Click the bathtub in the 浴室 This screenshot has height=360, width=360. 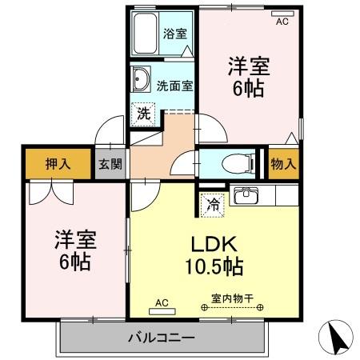[x=146, y=35]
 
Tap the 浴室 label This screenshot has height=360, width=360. [x=175, y=34]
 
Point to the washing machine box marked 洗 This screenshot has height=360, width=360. [x=143, y=114]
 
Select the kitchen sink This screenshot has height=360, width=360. [x=244, y=195]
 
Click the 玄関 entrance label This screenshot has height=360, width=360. [x=110, y=165]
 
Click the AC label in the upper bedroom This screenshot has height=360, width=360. [x=282, y=22]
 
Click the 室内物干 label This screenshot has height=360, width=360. [x=233, y=298]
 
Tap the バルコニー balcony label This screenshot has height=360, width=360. [x=161, y=337]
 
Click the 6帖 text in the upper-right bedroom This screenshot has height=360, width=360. [x=246, y=90]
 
